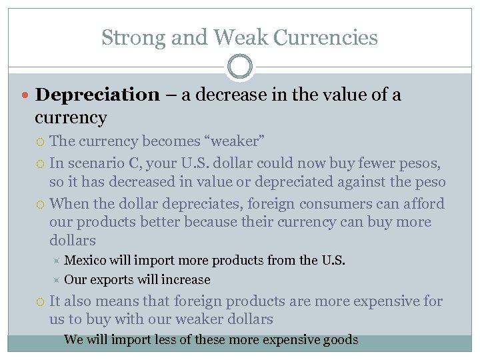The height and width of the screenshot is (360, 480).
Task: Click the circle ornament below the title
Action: pyautogui.click(x=240, y=67)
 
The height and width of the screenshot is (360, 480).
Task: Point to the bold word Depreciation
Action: pyautogui.click(x=97, y=95)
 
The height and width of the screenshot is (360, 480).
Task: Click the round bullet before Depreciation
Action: pyautogui.click(x=26, y=95)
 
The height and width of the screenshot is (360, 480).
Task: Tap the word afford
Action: pyautogui.click(x=423, y=203)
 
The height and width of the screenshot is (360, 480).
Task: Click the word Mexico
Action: pyautogui.click(x=87, y=260)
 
